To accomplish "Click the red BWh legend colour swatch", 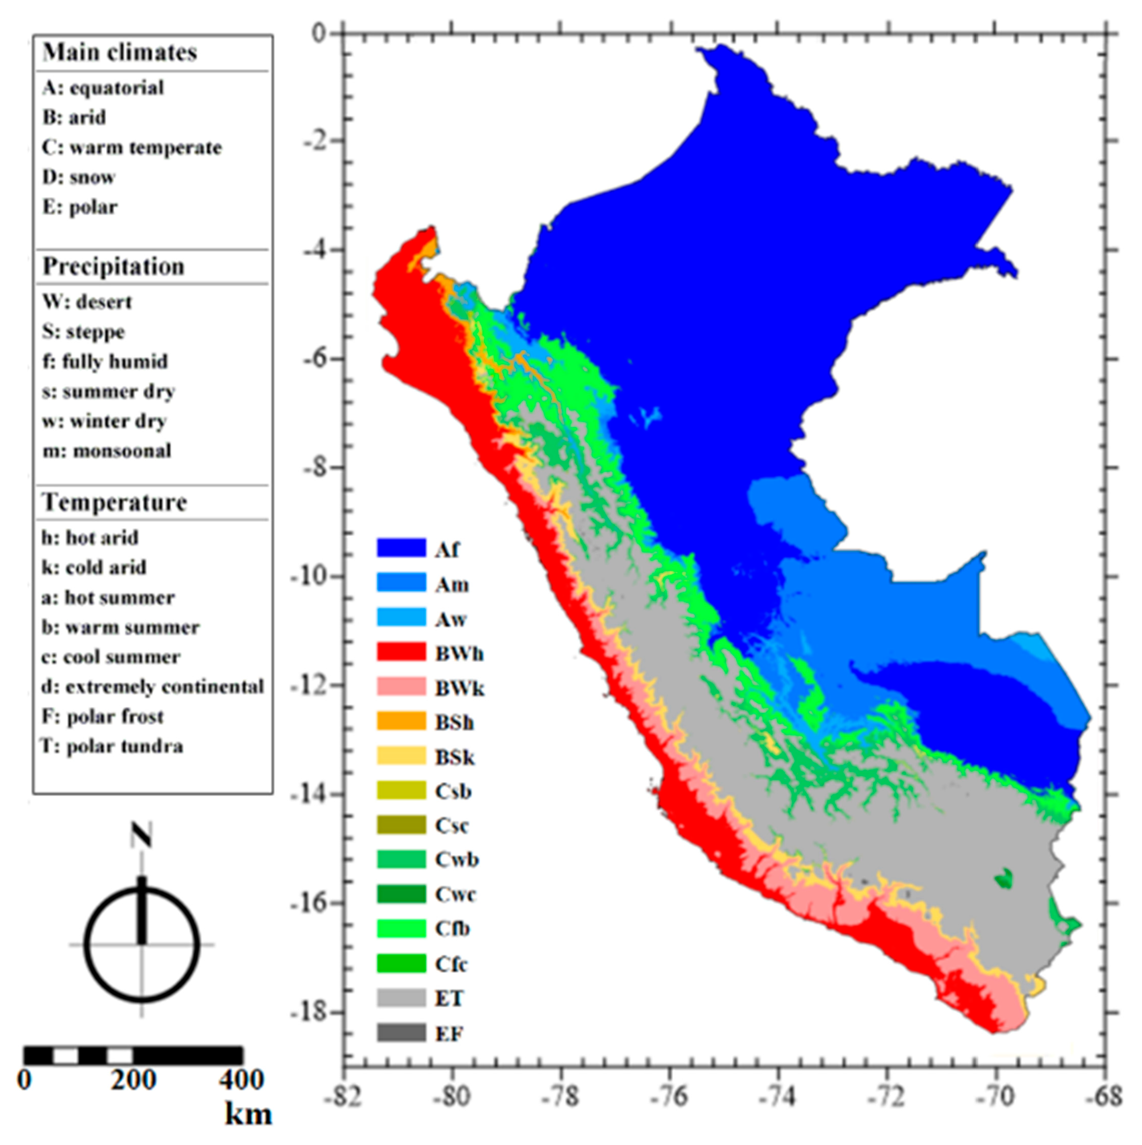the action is point(401,652).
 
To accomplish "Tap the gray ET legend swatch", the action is point(401,998).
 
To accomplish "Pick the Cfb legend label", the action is point(453,929).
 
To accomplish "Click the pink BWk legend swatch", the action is point(401,687).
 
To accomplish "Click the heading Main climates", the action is point(120,53).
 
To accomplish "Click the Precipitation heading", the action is point(113,267).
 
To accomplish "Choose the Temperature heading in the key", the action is point(114,503).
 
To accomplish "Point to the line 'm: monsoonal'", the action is point(107,451).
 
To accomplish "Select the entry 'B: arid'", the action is point(74,117).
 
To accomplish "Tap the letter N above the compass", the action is point(141,836).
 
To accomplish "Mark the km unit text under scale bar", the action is point(248,1114).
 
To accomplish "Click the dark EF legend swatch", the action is point(401,1033).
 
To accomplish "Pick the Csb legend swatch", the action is point(401,791).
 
